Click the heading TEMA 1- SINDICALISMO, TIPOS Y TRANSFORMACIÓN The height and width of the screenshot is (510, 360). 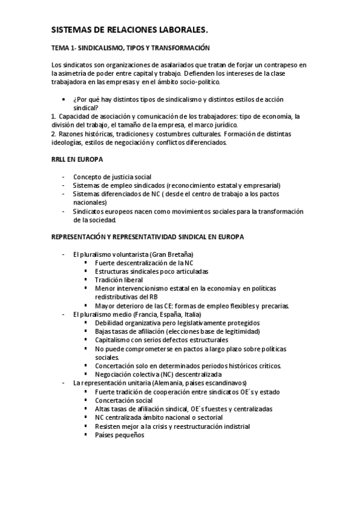(130, 47)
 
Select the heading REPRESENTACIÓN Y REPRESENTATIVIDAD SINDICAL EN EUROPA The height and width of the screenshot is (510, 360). (148, 237)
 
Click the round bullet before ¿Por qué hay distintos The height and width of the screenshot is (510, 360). (64, 99)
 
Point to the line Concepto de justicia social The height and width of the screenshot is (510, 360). (112, 177)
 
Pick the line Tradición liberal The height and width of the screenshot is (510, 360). (119, 280)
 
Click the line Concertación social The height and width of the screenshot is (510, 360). (124, 400)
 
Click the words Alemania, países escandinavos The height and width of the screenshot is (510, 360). (201, 382)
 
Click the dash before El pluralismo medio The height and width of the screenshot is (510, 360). (64, 314)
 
